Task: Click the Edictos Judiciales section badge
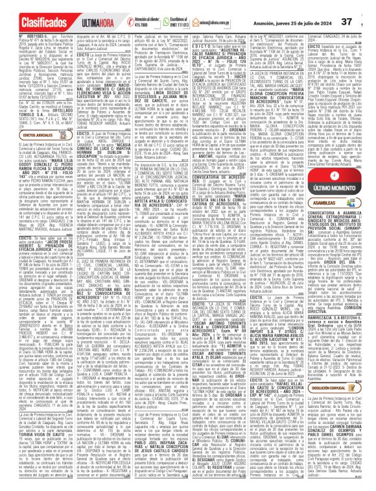24,134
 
